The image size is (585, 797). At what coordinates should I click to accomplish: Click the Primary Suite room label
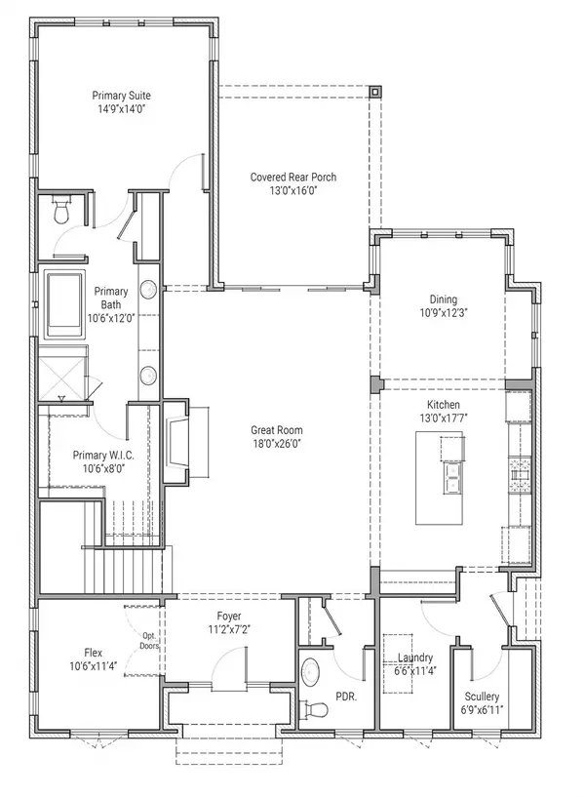coord(121,96)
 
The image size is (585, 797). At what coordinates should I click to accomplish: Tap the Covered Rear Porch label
coord(292,177)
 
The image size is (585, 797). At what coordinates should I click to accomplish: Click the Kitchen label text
coord(443,405)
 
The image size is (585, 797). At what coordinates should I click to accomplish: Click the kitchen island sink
coord(453,476)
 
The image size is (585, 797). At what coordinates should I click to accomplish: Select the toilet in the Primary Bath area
coord(60,208)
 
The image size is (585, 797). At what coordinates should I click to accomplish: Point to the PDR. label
coord(346,697)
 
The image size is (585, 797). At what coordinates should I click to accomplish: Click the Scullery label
coord(483,697)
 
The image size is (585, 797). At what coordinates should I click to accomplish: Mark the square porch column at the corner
coord(375,91)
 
